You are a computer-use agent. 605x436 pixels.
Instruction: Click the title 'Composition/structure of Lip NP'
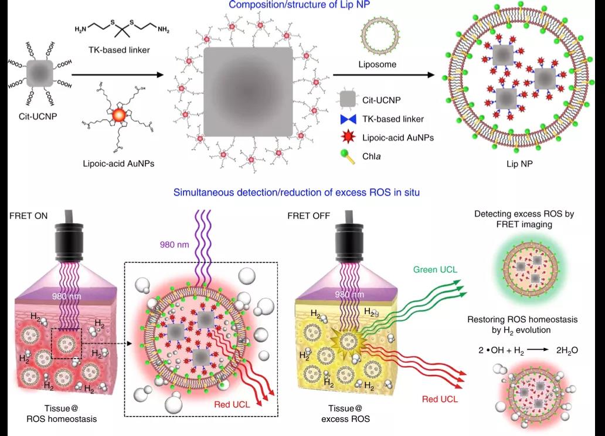pos(302,5)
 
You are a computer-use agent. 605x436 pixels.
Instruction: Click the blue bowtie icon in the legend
pos(348,119)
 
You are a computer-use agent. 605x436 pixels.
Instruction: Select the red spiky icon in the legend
pos(348,138)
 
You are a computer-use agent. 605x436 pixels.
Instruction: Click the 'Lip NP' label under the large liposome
pos(516,165)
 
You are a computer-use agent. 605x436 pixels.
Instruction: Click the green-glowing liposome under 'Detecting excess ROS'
pos(525,270)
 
